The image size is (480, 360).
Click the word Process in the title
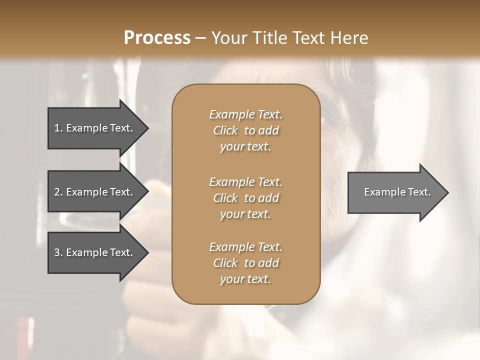157,38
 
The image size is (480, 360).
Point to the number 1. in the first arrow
58,128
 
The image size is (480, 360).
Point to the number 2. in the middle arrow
58,192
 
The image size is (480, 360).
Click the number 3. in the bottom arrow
58,252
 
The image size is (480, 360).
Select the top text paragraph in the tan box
245,130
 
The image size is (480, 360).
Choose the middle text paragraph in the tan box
245,198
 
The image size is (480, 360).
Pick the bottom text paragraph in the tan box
245,263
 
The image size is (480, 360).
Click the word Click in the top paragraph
225,130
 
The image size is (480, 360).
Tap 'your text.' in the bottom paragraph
245,279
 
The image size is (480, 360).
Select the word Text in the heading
309,38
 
